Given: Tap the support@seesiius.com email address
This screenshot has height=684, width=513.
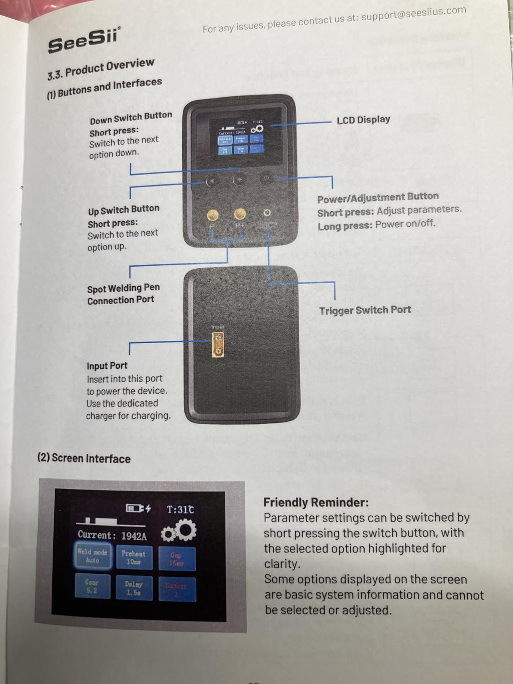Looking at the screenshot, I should (413, 14).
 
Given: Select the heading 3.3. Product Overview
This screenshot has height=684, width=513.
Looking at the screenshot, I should (101, 69).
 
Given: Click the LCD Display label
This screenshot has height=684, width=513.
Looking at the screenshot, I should (363, 120).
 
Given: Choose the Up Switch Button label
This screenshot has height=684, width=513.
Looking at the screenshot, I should (124, 209).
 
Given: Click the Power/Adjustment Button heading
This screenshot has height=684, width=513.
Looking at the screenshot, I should (378, 197).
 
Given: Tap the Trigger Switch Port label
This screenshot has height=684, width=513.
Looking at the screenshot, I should (365, 310).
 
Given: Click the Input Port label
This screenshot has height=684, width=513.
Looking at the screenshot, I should (107, 365).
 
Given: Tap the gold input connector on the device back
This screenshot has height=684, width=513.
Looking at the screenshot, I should (218, 345).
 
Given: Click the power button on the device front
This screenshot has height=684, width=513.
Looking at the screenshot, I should (267, 178).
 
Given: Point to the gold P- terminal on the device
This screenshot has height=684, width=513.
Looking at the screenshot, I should (213, 215).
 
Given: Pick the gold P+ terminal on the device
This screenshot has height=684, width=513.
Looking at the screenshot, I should (240, 214).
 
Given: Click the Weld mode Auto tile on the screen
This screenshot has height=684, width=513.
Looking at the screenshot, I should (93, 556).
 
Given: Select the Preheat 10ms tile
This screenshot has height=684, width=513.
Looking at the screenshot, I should (134, 557).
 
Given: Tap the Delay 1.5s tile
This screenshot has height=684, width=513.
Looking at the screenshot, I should (133, 588).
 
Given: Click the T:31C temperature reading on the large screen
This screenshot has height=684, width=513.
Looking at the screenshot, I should (180, 510).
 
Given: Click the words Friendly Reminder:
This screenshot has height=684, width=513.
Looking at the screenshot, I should (316, 502).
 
